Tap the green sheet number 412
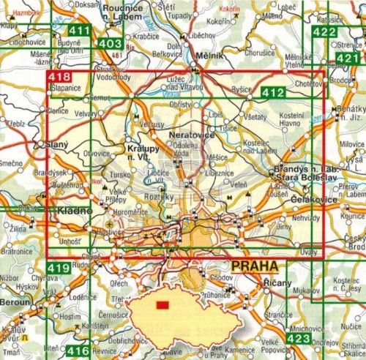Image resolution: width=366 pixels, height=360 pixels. coord(272,91)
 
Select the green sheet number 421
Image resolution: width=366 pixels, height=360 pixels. coord(351,59)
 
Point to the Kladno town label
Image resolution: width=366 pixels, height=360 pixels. coord(75,211)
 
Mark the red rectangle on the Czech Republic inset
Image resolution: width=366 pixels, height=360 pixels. coord(162,304)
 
